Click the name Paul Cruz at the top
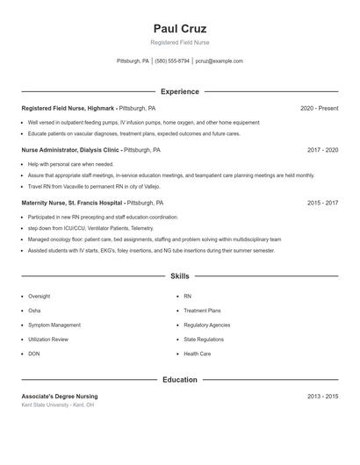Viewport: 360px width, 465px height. (180, 28)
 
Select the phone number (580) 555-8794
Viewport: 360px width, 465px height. (173, 61)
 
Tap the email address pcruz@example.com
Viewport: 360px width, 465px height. (220, 61)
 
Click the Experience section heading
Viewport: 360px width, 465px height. (180, 91)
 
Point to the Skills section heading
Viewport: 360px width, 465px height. (180, 275)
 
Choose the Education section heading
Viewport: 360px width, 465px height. (180, 380)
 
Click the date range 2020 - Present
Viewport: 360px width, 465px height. (319, 108)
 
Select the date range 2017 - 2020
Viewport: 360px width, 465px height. (322, 150)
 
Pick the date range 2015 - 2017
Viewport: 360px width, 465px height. (322, 203)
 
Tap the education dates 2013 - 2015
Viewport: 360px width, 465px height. (322, 397)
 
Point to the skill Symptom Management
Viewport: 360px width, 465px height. (54, 325)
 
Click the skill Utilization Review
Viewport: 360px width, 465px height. (48, 339)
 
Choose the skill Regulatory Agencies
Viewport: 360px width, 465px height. (207, 325)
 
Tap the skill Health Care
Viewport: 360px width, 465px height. (197, 354)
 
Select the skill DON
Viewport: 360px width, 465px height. (33, 354)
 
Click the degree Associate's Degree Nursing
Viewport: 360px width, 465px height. (60, 397)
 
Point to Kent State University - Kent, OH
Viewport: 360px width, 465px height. (58, 405)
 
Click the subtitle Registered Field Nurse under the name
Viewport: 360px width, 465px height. (180, 42)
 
